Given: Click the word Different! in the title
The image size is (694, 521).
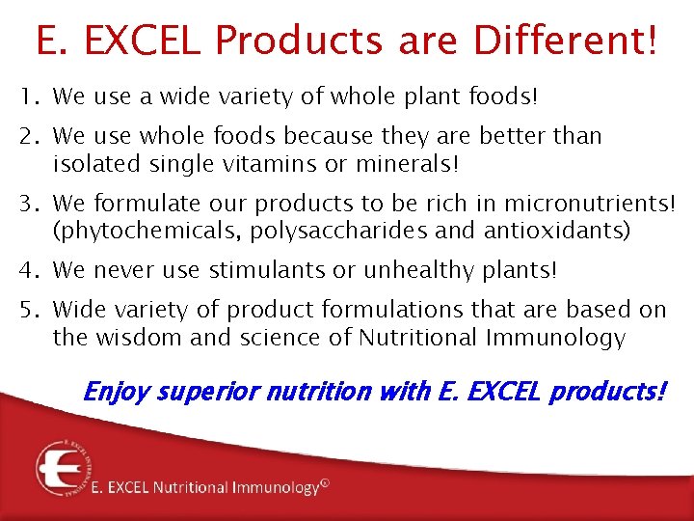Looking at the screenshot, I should click(566, 41).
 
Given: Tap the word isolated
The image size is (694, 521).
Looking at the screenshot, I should click(97, 165).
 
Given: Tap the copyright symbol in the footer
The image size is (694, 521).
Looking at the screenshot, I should click(324, 485).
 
